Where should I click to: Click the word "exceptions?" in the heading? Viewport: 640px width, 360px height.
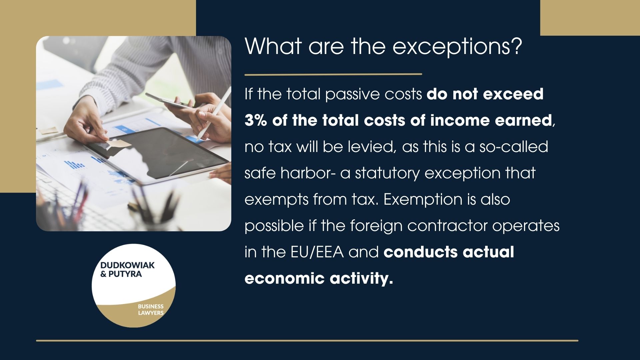click(457, 47)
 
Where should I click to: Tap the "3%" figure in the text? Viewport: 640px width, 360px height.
click(256, 120)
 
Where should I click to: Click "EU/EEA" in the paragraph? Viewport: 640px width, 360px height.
click(317, 252)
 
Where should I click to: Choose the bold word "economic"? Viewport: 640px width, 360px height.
click(284, 278)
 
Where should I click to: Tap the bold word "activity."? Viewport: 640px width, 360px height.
click(361, 278)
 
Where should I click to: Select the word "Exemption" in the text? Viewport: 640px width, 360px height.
click(423, 199)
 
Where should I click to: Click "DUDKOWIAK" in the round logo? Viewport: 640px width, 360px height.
click(127, 265)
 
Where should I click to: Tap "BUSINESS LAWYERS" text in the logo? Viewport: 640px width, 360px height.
click(151, 309)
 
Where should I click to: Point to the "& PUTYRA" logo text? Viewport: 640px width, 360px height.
click(121, 274)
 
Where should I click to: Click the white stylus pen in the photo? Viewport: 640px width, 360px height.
click(216, 113)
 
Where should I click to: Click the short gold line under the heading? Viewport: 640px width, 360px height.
click(333, 74)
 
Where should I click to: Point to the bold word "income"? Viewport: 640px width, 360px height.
click(460, 120)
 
